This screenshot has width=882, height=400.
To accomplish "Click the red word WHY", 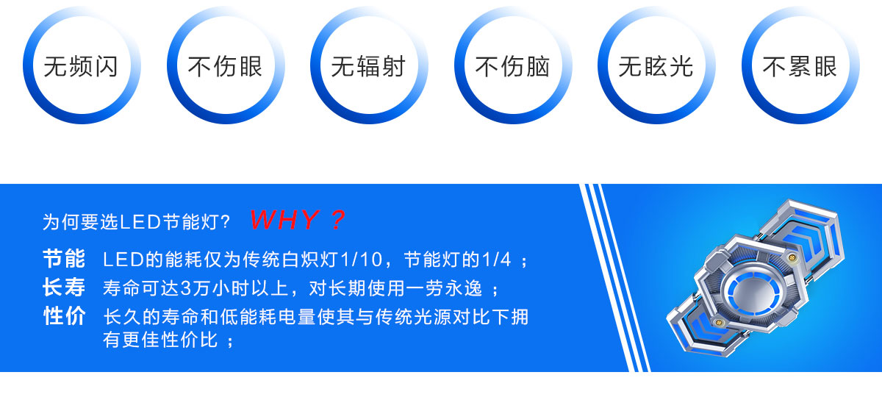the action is [x=284, y=220].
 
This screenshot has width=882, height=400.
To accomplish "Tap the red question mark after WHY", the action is [x=338, y=220].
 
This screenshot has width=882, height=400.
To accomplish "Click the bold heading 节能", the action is [x=64, y=259].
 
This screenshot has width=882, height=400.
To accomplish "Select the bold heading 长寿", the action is [x=64, y=287].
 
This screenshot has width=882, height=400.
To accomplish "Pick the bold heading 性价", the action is [x=64, y=315].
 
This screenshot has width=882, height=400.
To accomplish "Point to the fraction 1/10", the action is [x=361, y=260].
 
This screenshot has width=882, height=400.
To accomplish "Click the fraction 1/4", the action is [x=497, y=260].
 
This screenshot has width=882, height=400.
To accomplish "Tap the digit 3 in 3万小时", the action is [x=185, y=288].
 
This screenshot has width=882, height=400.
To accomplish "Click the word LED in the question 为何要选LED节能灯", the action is [x=140, y=222].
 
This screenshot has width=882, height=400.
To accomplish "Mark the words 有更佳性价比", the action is [x=160, y=340].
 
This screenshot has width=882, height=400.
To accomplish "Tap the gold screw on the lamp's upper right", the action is [x=792, y=258].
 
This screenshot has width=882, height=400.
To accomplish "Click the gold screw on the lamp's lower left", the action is [x=718, y=323].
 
